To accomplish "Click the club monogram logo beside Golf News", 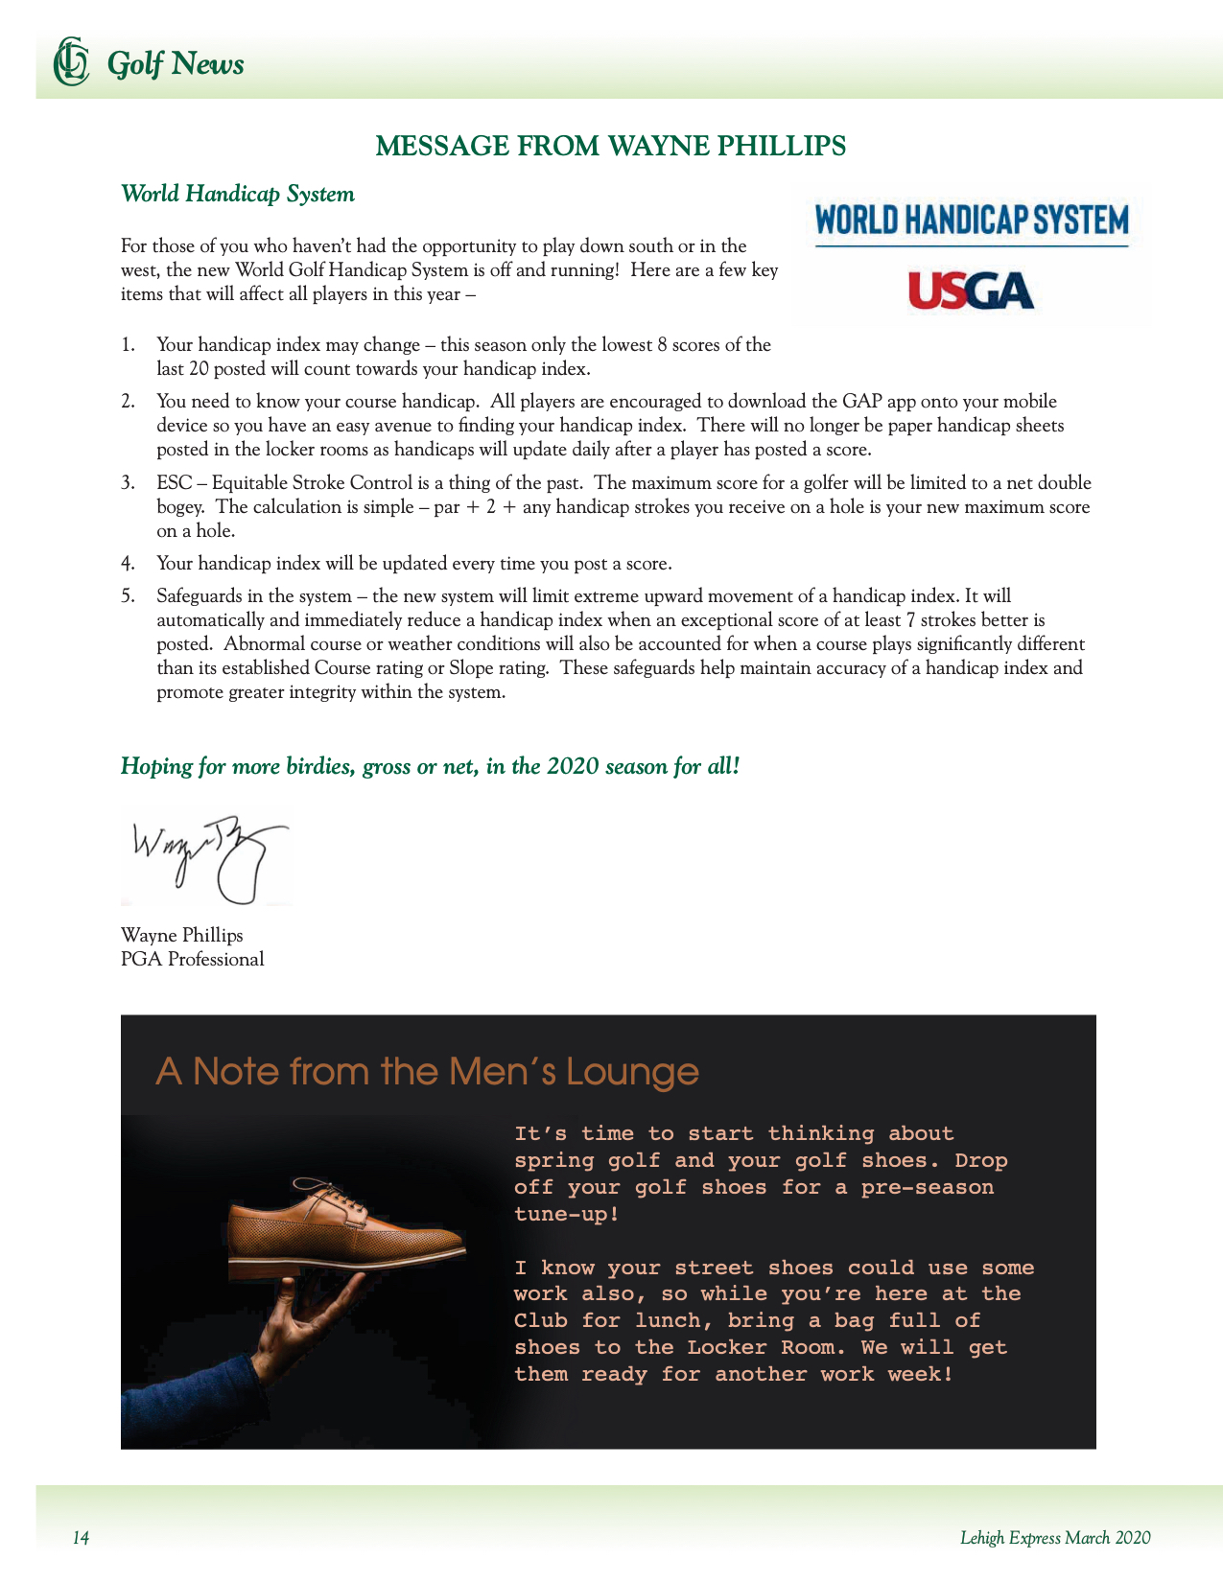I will [70, 61].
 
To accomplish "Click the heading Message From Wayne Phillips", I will [610, 146].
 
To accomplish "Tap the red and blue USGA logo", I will [971, 291].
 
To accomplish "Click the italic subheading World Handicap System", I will [238, 195].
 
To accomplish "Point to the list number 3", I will [128, 483].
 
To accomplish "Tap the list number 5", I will [128, 596].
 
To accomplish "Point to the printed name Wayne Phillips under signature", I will [182, 935].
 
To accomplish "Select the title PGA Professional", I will [192, 960].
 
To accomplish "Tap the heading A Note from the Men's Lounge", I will [427, 1071].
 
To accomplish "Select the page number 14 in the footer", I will [82, 1538].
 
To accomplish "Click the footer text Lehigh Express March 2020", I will [1055, 1538].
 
